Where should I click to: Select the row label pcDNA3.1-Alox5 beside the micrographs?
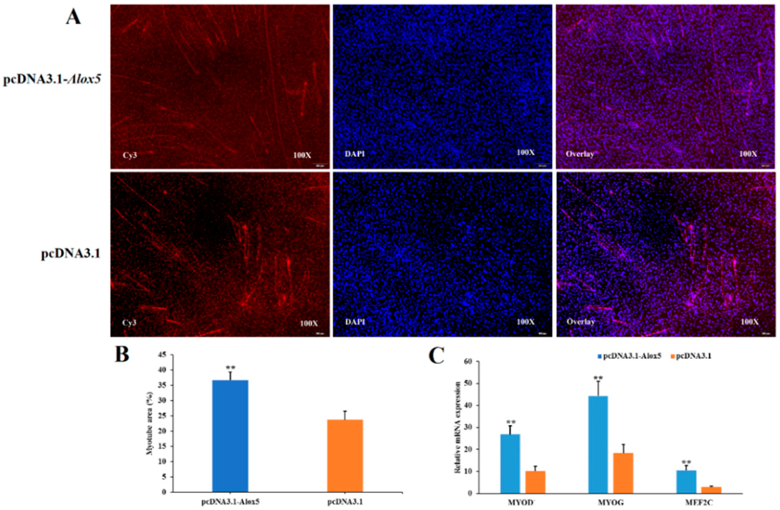tap(52, 80)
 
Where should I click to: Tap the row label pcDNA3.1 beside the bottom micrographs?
tap(71, 254)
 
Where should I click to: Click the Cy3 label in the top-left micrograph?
tap(130, 155)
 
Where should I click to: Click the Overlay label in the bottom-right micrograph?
tap(580, 322)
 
